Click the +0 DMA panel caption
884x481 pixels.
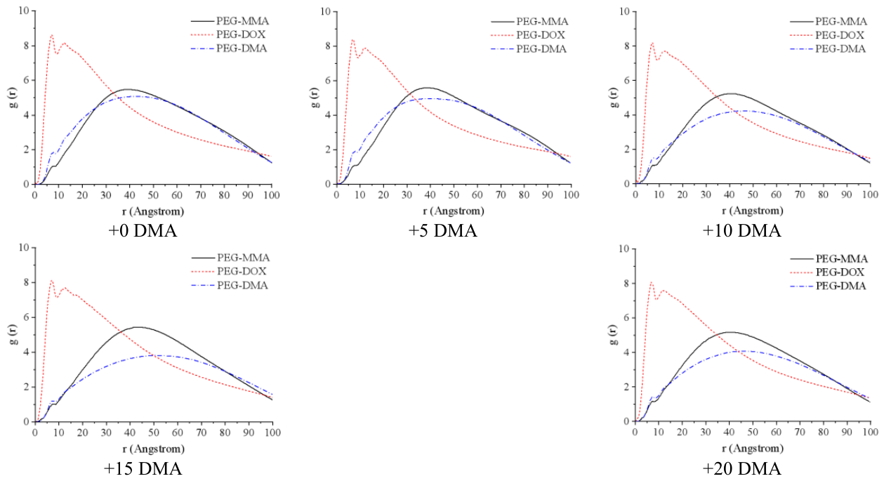click(143, 230)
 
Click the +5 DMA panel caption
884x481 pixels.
click(442, 230)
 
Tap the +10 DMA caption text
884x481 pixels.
click(742, 230)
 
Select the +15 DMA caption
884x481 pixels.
click(143, 468)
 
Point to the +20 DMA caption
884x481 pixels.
click(742, 468)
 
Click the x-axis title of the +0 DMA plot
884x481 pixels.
click(153, 211)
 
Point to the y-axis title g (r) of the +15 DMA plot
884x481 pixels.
click(13, 334)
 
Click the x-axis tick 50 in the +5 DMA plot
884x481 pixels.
click(454, 195)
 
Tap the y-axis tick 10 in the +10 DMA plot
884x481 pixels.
click(624, 11)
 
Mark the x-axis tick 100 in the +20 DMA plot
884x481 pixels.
click(870, 432)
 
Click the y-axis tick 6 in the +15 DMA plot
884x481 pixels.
click(27, 317)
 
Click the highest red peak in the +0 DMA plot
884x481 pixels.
click(52, 35)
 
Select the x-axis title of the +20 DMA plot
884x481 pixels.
click(753, 448)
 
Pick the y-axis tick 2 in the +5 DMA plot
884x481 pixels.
click(328, 150)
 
